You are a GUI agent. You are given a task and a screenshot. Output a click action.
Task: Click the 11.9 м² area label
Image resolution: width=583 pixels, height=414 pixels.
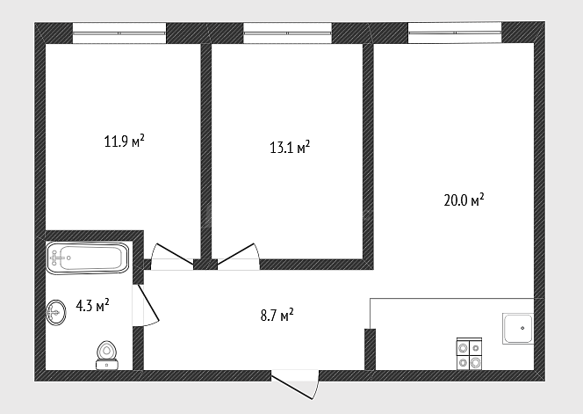[124, 142]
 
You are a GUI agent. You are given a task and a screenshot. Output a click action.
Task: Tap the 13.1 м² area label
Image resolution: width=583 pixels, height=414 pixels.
[290, 147]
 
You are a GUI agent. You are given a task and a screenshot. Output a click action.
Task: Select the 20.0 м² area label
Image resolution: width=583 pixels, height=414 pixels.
[464, 200]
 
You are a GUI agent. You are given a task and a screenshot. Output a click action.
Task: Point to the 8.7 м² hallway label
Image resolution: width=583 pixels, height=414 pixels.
[277, 315]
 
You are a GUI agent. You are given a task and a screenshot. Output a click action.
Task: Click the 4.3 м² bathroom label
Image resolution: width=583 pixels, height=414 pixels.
[92, 306]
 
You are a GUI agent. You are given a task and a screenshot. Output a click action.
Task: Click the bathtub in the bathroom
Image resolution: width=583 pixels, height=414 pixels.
[88, 258]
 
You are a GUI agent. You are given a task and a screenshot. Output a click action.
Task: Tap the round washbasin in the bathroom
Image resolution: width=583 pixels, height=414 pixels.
[56, 312]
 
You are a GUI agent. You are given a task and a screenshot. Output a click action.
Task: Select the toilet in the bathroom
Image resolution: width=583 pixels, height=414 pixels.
[107, 355]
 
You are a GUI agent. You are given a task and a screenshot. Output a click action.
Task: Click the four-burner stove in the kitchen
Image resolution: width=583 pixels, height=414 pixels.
[469, 354]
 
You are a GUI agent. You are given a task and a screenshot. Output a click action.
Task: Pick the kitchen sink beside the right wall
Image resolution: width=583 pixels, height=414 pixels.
[518, 328]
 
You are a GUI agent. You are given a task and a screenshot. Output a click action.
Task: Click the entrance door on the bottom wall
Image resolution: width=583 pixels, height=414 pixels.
[295, 385]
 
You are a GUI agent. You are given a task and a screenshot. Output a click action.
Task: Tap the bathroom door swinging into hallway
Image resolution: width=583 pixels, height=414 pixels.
[146, 305]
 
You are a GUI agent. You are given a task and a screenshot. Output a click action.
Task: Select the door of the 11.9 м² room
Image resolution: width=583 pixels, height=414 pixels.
[172, 256]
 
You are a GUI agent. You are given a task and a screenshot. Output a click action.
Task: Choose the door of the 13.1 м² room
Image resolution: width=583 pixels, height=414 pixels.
[238, 256]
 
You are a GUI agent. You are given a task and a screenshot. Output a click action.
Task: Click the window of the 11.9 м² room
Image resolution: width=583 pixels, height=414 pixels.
[119, 33]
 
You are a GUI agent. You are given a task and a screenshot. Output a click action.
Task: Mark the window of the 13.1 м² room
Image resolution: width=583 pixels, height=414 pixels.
[287, 33]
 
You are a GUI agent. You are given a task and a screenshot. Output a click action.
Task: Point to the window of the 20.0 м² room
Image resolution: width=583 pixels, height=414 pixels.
[455, 33]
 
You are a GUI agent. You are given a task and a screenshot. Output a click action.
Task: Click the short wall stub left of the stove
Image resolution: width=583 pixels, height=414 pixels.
[370, 349]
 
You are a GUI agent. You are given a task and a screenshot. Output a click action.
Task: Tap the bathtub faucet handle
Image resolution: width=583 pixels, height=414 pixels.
[55, 258]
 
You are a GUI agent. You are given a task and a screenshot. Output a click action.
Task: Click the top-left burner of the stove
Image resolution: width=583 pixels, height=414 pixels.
[463, 348]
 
